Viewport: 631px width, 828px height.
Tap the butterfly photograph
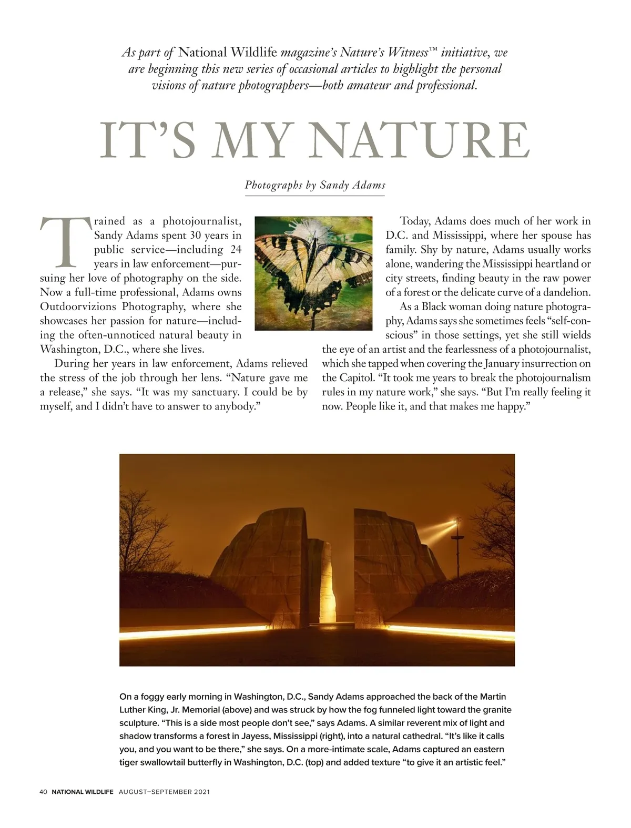313,273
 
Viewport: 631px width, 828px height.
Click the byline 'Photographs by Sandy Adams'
315,185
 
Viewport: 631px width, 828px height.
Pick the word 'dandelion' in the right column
566,292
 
